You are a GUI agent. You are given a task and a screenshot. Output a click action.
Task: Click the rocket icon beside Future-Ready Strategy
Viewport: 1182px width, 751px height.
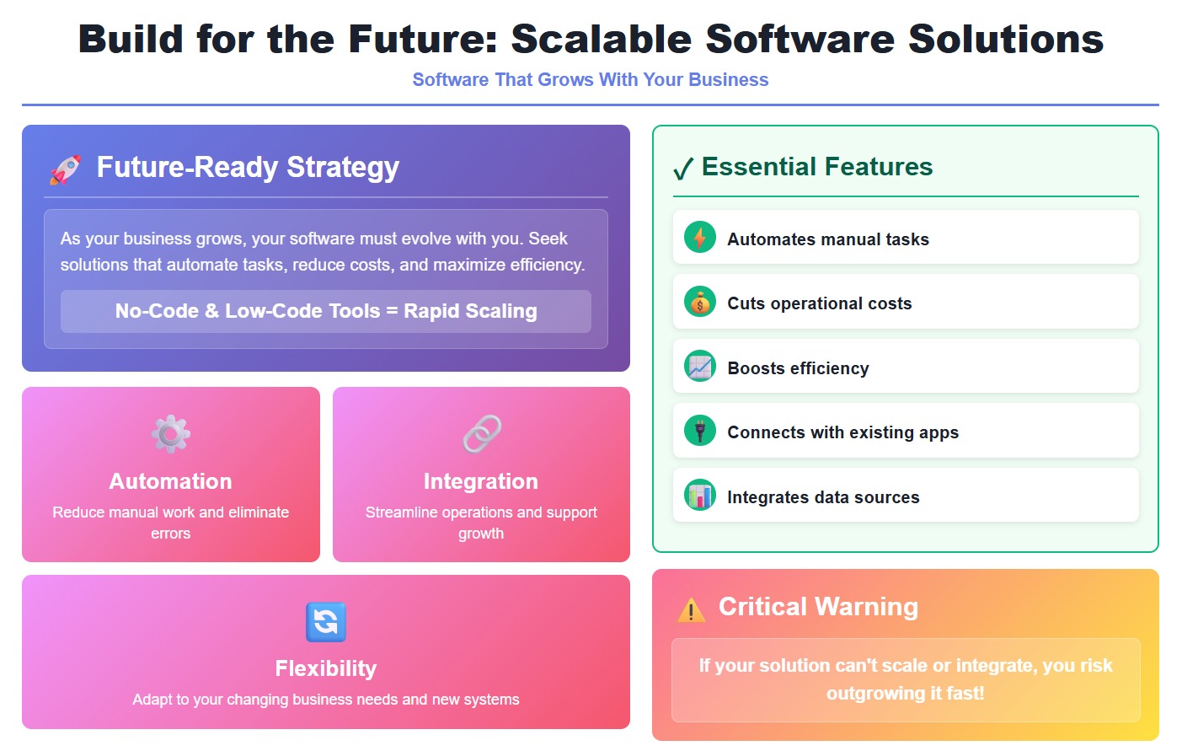[65, 169]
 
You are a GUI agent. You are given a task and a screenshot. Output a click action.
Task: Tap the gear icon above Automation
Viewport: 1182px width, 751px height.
[170, 434]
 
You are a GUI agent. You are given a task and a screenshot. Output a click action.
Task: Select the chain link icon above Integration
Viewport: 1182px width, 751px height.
[482, 434]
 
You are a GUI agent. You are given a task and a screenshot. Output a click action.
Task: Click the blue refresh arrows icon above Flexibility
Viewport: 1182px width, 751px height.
[326, 622]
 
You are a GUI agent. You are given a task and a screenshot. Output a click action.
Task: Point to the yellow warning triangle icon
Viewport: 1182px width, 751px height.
[691, 609]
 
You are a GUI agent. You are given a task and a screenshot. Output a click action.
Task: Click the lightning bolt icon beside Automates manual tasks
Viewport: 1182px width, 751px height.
[699, 239]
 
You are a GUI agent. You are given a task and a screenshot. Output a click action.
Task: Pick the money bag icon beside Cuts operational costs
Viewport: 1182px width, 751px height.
[699, 303]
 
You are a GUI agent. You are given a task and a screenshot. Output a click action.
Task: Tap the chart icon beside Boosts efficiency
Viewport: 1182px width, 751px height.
[699, 367]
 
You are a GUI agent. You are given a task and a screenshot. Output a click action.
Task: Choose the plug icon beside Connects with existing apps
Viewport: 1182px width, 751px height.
[699, 432]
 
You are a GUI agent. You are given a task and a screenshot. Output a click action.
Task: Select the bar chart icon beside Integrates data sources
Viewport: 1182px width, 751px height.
[699, 496]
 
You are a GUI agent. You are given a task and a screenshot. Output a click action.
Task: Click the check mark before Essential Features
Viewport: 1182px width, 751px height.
[683, 169]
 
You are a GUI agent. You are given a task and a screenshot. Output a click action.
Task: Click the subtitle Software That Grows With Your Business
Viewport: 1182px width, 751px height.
[590, 80]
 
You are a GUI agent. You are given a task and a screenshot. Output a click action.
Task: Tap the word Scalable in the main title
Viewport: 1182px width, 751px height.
[601, 40]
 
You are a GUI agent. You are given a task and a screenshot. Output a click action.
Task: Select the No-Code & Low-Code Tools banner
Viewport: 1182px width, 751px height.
[326, 311]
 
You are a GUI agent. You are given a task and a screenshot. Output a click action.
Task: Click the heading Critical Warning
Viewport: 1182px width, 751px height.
[818, 607]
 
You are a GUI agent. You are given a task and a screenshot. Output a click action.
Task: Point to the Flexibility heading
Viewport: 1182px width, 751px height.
[326, 668]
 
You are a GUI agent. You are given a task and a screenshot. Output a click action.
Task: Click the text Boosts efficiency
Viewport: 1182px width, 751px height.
[798, 368]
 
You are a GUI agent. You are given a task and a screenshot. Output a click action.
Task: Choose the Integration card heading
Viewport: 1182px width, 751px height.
[481, 481]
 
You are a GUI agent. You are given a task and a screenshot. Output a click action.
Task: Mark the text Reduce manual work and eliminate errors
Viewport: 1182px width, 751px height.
[170, 523]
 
